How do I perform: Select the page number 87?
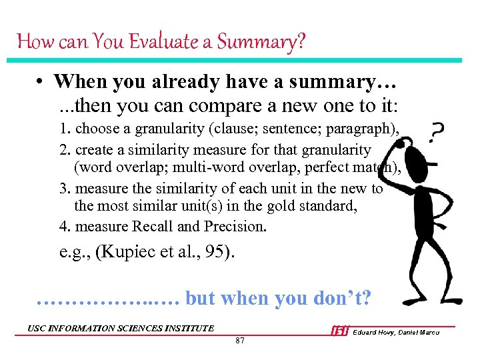click(240, 341)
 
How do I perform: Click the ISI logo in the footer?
click(339, 331)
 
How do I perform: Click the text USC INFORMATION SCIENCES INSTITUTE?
click(121, 327)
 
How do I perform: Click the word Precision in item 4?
click(235, 226)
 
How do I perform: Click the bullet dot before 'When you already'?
click(41, 82)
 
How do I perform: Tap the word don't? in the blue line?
click(343, 298)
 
